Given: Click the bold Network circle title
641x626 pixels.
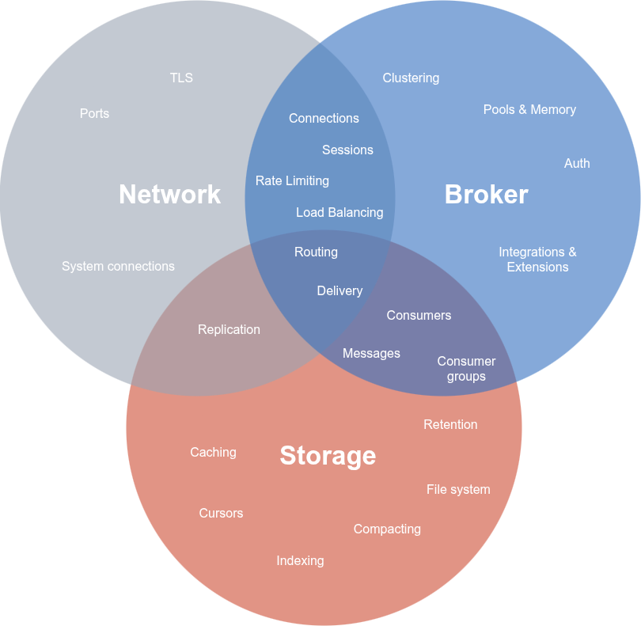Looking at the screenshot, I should (x=169, y=194).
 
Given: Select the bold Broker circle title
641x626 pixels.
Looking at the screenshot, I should (x=486, y=194).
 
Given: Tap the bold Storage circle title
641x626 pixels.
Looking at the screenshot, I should (x=328, y=455).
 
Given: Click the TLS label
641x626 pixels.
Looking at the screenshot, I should (x=181, y=78).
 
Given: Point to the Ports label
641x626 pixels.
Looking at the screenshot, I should (x=94, y=113).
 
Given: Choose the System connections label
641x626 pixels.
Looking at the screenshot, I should (x=118, y=266).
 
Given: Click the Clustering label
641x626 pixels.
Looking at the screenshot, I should (x=411, y=78).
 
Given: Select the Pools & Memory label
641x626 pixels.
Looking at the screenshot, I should (x=529, y=109).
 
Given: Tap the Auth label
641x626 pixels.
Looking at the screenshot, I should (x=577, y=163).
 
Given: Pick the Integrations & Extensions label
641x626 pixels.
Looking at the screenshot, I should (x=537, y=260).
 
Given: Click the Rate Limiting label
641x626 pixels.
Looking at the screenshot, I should (x=292, y=180).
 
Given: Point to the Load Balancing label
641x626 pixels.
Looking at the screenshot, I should (x=339, y=212).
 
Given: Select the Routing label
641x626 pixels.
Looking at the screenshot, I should (x=316, y=252).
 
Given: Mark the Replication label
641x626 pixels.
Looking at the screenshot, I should (x=229, y=329).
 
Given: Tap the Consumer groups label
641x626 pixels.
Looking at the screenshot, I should (x=466, y=369).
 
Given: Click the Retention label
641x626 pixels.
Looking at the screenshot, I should (x=450, y=424).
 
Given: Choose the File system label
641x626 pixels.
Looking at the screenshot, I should (x=458, y=489).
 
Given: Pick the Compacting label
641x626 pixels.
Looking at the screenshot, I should (x=387, y=529).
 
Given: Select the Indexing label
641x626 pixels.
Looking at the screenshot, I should (x=300, y=560).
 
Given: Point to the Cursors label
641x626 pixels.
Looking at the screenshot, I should (x=221, y=513).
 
